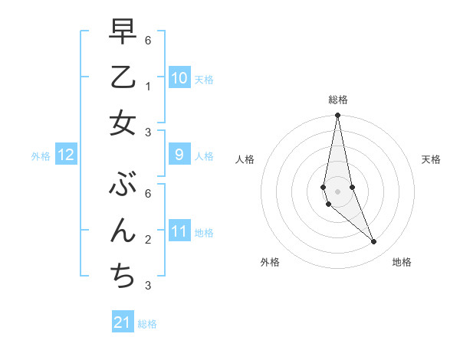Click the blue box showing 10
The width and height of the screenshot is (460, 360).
pos(179,78)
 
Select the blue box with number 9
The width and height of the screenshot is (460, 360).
pos(179,155)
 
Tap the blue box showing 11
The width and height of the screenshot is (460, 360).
pos(179,231)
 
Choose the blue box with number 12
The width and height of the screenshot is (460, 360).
pos(66,155)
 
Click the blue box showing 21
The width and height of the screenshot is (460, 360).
pos(123,322)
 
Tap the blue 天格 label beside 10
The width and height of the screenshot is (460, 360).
pos(204,79)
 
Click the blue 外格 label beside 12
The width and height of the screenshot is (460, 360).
pos(41,155)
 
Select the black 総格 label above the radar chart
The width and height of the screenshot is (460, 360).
pos(337,100)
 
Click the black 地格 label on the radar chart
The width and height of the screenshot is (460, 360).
pos(402,262)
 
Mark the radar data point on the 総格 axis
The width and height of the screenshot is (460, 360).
pos(337,116)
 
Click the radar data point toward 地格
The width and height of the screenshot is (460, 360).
pos(373,242)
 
